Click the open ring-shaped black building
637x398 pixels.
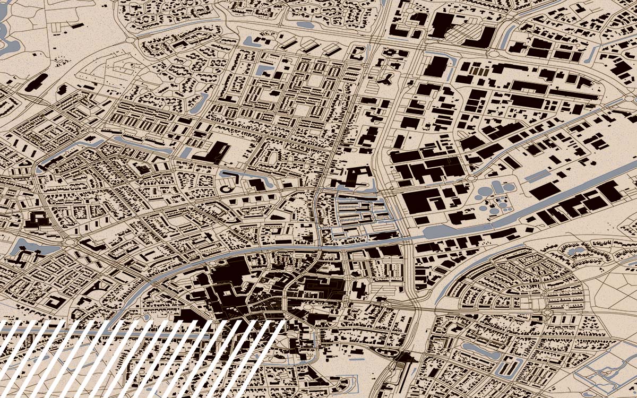pos(226,187)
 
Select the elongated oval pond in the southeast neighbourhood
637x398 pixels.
pos(475,348)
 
